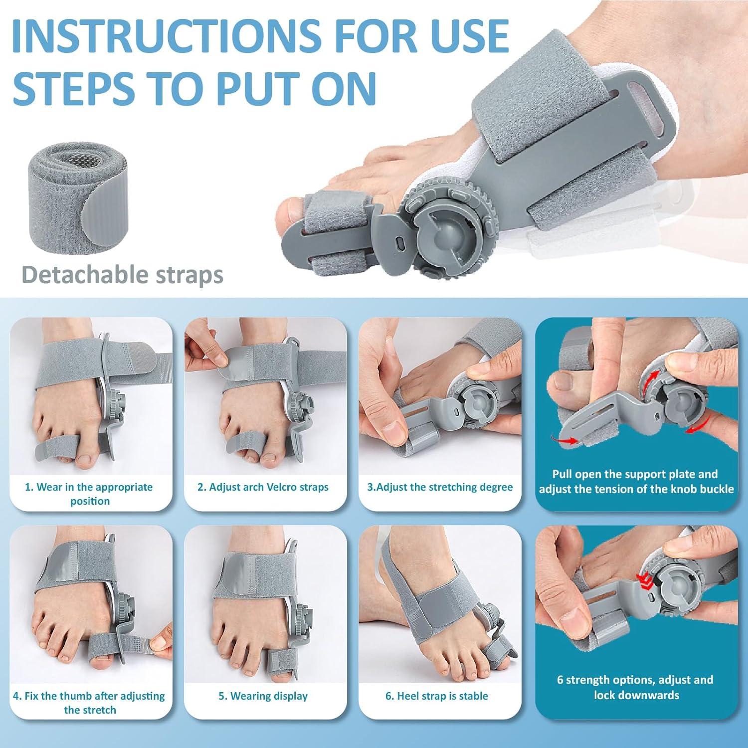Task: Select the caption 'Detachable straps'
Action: point(122,275)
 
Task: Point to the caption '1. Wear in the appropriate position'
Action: point(90,494)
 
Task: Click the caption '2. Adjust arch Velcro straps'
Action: point(263,487)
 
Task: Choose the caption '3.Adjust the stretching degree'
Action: point(440,487)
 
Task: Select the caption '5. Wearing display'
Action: point(263,696)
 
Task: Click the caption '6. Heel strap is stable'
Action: point(437,696)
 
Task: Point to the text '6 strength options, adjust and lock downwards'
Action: point(636,687)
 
